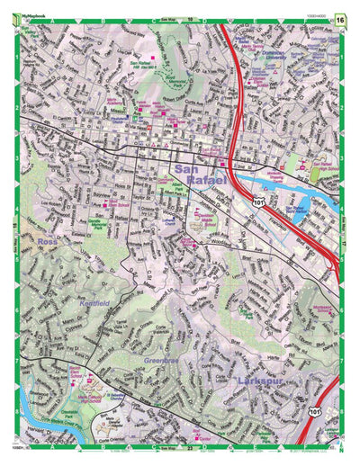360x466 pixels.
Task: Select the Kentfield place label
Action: (94, 304)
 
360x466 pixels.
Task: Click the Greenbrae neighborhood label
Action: (165, 361)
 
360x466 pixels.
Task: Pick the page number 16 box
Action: (338, 18)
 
